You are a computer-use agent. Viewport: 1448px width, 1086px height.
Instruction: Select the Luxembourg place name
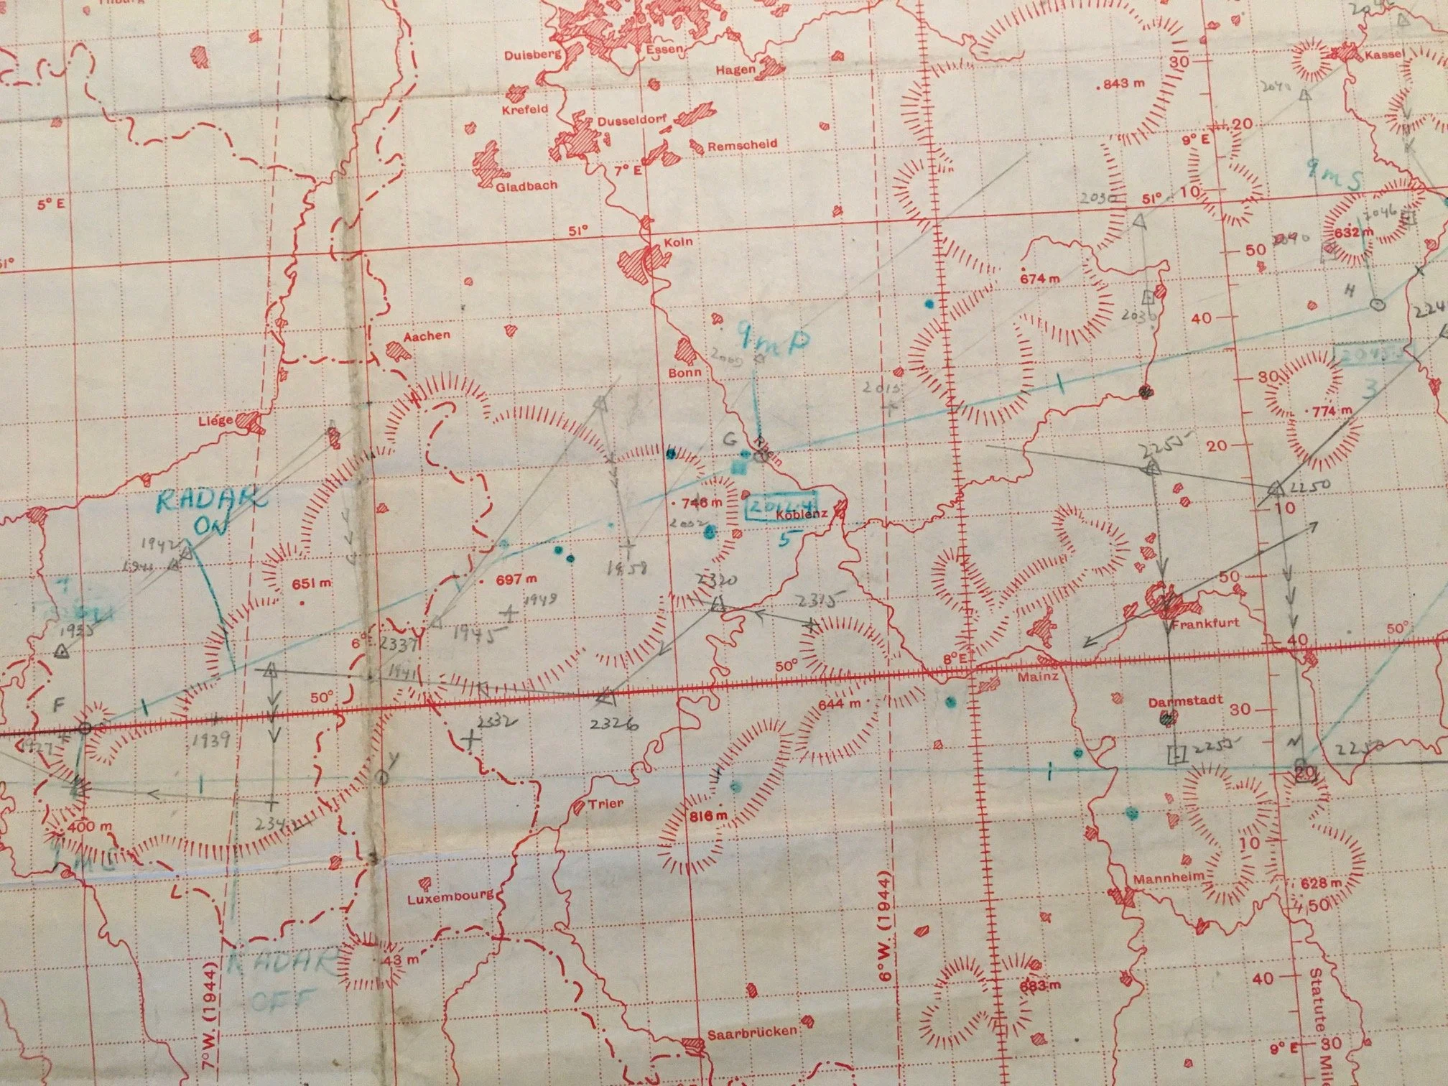click(450, 898)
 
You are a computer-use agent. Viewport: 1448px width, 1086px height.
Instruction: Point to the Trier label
click(605, 804)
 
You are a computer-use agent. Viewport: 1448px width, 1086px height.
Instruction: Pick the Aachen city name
click(427, 335)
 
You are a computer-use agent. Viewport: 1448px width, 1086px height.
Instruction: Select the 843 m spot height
click(1124, 83)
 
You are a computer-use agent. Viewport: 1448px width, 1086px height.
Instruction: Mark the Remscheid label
click(742, 144)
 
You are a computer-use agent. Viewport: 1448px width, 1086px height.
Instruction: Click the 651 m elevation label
click(312, 583)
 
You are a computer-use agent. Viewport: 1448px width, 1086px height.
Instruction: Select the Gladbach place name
click(526, 185)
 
